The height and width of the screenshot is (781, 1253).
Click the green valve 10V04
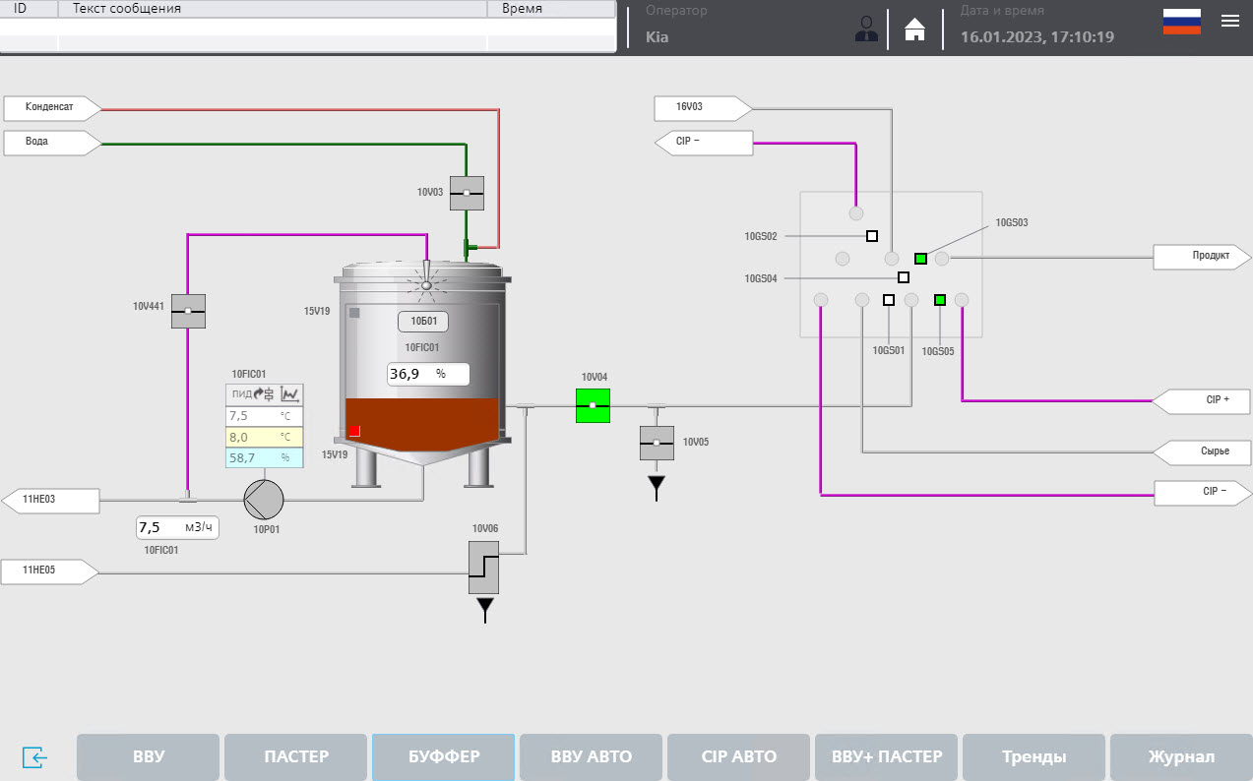click(593, 405)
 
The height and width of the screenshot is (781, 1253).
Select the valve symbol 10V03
click(467, 193)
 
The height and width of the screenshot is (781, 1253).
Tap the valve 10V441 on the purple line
click(188, 311)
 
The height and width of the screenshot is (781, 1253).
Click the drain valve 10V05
click(657, 443)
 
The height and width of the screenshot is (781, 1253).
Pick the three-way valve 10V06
click(483, 566)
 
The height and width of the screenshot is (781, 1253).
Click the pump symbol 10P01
click(264, 500)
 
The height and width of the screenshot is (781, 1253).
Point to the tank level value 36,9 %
click(428, 374)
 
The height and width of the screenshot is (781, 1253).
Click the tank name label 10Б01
click(423, 321)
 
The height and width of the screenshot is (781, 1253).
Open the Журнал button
click(1180, 756)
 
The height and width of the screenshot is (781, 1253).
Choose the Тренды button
click(1034, 756)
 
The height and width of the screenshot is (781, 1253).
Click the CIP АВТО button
click(738, 756)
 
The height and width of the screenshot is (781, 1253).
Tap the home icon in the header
click(915, 30)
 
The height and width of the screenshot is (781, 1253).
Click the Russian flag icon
click(1181, 22)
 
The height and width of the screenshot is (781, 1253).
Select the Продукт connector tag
click(1203, 256)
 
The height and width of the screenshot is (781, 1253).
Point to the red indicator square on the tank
click(354, 430)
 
